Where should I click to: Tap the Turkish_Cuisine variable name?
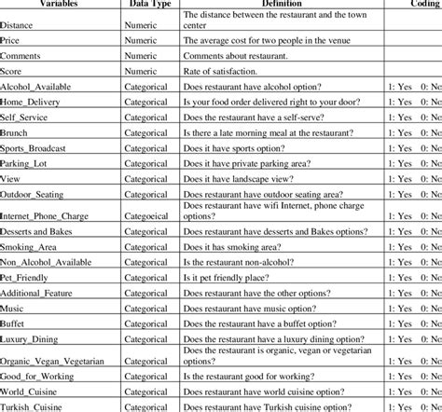tap(35, 407)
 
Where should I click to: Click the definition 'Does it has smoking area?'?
tap(238, 245)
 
